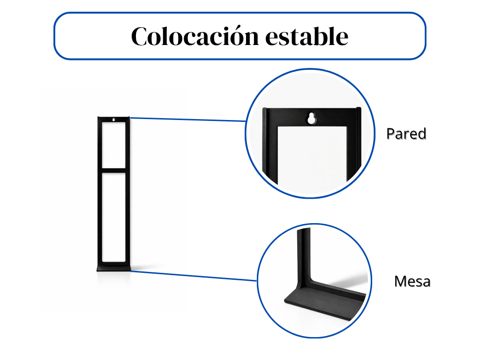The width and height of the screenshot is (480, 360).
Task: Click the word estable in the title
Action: click(x=307, y=36)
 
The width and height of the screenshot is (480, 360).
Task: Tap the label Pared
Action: click(x=406, y=134)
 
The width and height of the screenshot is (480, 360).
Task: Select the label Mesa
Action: click(x=412, y=281)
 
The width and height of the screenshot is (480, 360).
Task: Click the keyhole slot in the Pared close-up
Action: click(x=311, y=118)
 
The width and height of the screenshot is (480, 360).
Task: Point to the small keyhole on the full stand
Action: click(x=113, y=120)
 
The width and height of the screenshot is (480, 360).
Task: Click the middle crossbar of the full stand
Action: click(x=113, y=171)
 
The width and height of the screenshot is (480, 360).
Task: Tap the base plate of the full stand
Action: click(x=114, y=269)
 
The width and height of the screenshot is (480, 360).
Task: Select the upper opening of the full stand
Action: click(x=113, y=145)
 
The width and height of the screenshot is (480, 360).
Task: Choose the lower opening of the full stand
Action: click(x=113, y=217)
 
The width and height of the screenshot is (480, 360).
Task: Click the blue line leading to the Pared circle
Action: click(x=188, y=120)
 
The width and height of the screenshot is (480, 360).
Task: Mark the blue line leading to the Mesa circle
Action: click(x=194, y=276)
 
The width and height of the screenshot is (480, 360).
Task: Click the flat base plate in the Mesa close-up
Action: click(x=324, y=303)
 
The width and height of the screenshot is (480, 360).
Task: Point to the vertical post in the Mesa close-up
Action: click(x=304, y=257)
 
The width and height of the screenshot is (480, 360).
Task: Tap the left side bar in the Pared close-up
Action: click(x=270, y=147)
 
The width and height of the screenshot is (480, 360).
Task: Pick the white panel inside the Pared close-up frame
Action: click(x=312, y=159)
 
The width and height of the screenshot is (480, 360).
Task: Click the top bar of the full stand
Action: click(x=113, y=120)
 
